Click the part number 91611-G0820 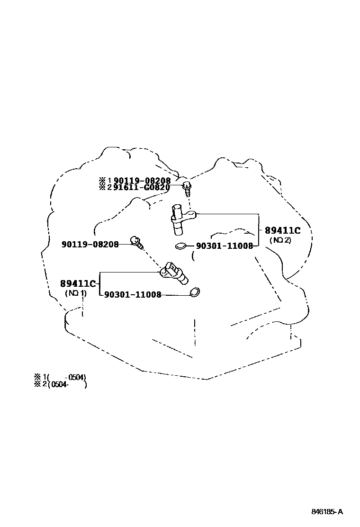[142, 187]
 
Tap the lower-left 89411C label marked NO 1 [78, 283]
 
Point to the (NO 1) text [76, 293]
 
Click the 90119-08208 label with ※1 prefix [142, 180]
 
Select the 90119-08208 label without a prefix [90, 245]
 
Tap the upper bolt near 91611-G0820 [187, 188]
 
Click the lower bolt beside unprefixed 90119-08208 [136, 243]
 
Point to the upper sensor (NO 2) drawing [180, 219]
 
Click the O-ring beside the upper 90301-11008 [180, 246]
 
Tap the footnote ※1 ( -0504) [60, 377]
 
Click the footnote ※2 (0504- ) [60, 384]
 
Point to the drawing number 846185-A [327, 512]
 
